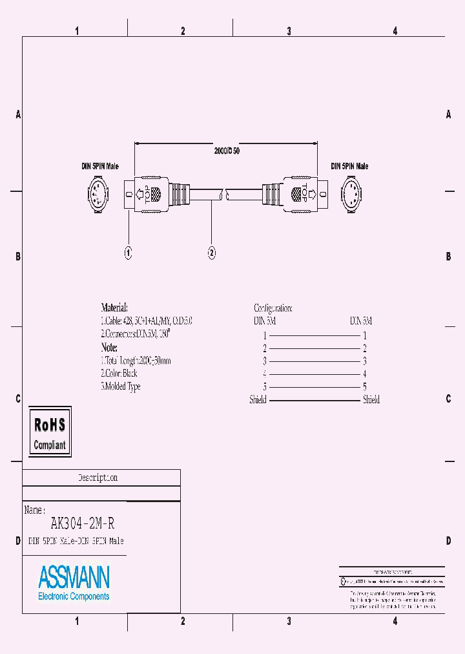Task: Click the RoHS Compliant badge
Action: click(x=50, y=432)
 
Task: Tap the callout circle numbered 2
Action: click(x=212, y=253)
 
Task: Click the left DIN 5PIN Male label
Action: click(x=100, y=166)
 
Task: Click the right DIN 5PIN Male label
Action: click(x=349, y=166)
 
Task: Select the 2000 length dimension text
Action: click(x=227, y=151)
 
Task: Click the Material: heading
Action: click(x=114, y=308)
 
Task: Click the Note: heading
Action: click(x=109, y=348)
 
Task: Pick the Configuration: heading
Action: click(x=273, y=308)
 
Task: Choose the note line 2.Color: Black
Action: click(x=119, y=374)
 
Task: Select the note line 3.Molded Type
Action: click(x=121, y=386)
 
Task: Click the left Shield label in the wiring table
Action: click(x=258, y=400)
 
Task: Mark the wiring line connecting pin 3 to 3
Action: click(x=315, y=361)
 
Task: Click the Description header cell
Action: click(x=98, y=478)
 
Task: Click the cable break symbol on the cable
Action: click(x=223, y=193)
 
